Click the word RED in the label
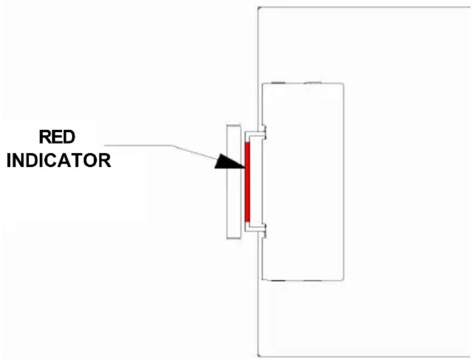click(57, 137)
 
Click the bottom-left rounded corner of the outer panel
click(259, 355)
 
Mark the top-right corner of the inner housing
click(343, 85)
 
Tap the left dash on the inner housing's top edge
click(278, 83)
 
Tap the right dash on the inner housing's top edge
click(313, 83)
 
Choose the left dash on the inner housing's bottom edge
click(278, 281)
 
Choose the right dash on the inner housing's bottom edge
click(313, 281)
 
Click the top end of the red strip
click(247, 143)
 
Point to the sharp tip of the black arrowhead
click(244, 167)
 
